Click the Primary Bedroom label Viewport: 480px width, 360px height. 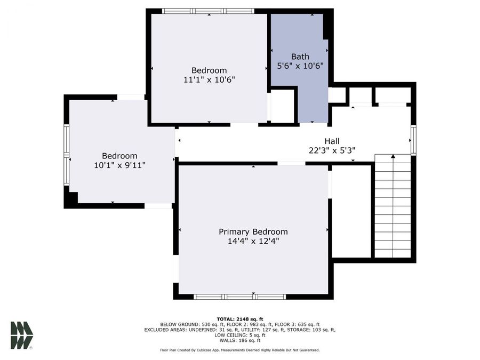coord(253,231)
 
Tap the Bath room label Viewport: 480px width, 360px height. coord(300,57)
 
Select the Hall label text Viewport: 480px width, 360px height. coord(332,141)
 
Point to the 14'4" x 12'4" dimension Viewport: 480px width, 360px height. coord(253,241)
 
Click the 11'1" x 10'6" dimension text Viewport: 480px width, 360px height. coord(209,79)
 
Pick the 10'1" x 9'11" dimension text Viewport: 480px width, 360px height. coord(119,165)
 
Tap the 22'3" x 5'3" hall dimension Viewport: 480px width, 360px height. coord(332,150)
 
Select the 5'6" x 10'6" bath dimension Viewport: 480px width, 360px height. coord(300,66)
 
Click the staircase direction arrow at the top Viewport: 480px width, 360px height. coord(393,157)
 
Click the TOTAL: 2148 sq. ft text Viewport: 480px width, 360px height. coord(239,318)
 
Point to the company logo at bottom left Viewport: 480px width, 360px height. coord(21,335)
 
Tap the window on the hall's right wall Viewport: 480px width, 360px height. coord(413,140)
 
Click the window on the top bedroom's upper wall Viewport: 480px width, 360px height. coord(208,11)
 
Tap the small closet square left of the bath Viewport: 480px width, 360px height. coord(283,106)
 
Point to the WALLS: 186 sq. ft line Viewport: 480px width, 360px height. coord(239,340)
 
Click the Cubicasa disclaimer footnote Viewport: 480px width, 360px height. coord(239,350)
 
